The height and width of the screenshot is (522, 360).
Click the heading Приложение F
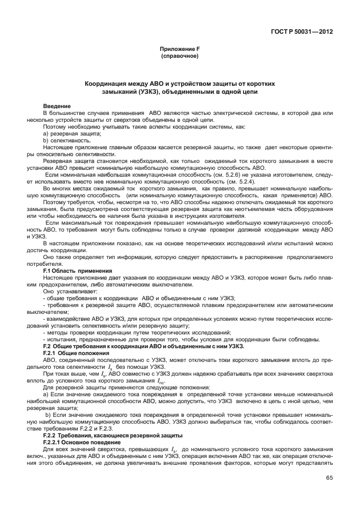pos(180,50)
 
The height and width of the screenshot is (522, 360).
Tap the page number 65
pos(329,494)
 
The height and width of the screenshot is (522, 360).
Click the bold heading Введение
pos(57,106)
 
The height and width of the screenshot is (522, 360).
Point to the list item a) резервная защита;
pos(72,133)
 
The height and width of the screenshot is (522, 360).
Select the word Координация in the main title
pos(106,83)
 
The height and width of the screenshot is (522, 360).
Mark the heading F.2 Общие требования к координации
pos(143,346)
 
